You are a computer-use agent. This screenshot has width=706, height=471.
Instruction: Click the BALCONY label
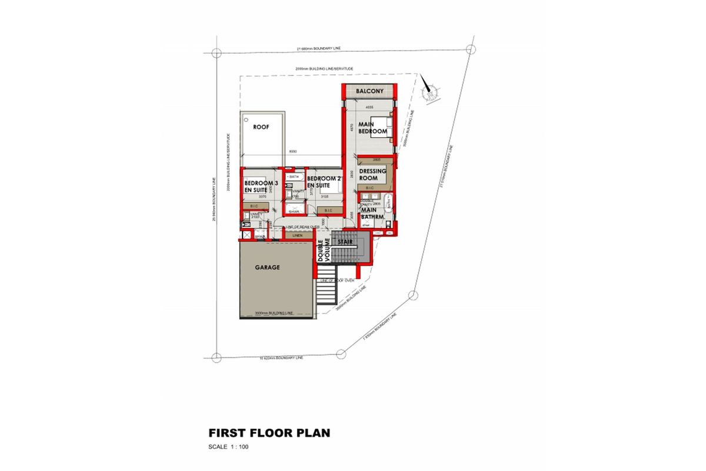tap(369, 91)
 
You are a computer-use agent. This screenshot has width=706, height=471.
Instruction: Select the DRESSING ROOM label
tap(372, 174)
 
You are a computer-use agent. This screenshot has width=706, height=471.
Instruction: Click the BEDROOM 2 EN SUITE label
tap(324, 182)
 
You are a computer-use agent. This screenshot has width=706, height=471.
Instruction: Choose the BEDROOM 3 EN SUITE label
tap(260, 187)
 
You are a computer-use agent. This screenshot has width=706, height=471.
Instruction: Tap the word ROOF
tap(261, 127)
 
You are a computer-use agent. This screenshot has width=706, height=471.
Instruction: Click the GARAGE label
tap(267, 267)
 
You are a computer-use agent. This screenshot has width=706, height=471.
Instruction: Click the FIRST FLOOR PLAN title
tap(269, 433)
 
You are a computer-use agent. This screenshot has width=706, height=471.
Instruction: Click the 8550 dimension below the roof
tap(292, 152)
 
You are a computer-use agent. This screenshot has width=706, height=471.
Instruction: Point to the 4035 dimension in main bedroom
tap(369, 108)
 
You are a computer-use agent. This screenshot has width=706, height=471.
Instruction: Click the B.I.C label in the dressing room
tap(369, 188)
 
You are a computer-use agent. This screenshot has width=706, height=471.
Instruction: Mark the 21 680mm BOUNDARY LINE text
tap(318, 49)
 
